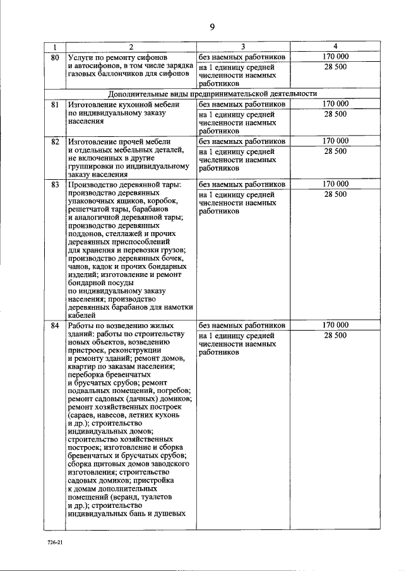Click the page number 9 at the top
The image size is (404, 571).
click(x=212, y=26)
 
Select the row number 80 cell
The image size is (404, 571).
click(x=55, y=57)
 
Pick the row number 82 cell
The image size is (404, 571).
click(x=55, y=141)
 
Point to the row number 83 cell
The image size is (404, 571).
click(x=55, y=184)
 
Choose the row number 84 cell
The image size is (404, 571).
click(x=55, y=325)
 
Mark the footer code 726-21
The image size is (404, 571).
click(x=55, y=543)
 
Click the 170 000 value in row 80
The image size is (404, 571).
click(x=335, y=57)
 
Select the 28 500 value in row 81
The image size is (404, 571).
click(x=335, y=114)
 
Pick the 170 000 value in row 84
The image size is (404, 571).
click(x=335, y=325)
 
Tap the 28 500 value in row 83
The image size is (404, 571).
click(x=335, y=194)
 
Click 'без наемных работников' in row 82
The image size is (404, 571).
click(x=242, y=141)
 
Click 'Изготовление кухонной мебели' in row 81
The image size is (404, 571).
click(x=124, y=104)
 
